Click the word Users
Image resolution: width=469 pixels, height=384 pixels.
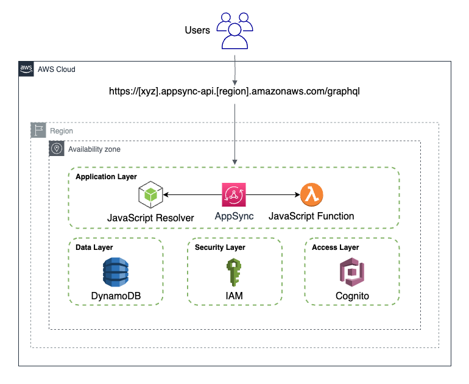click(197, 30)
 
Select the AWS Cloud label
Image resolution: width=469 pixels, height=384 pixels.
click(57, 69)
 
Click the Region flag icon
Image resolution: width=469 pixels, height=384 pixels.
click(39, 130)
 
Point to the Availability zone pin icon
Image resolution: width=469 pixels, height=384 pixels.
click(57, 149)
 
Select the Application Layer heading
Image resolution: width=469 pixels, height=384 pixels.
click(106, 177)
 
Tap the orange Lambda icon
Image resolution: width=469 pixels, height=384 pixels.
click(312, 195)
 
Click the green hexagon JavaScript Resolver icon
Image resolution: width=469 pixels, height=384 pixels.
click(150, 196)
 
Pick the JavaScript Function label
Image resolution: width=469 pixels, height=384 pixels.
click(311, 216)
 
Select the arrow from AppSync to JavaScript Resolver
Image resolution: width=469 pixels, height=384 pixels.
click(192, 196)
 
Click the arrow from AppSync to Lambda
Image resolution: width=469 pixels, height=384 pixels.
click(273, 196)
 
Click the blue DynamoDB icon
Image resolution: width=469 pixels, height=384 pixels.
click(115, 272)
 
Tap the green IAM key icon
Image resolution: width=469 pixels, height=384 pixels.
click(234, 272)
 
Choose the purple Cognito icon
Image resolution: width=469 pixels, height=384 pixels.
click(352, 272)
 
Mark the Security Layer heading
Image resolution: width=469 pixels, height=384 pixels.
click(220, 247)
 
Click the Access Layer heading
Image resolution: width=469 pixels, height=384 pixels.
click(335, 247)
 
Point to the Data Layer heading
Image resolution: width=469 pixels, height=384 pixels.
click(94, 247)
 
